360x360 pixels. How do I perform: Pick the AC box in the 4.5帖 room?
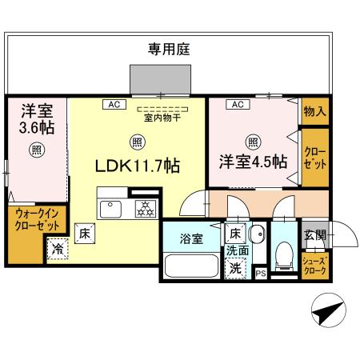click(x=237, y=104)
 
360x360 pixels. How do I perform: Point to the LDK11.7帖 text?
click(x=137, y=166)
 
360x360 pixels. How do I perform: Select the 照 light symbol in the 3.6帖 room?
click(x=36, y=150)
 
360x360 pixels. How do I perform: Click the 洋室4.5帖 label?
click(x=253, y=162)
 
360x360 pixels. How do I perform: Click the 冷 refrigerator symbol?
click(x=58, y=250)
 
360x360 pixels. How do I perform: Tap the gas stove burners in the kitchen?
click(x=146, y=209)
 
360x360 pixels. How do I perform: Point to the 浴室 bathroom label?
click(x=190, y=238)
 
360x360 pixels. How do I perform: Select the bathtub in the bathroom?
click(x=190, y=265)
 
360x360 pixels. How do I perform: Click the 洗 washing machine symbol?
click(x=235, y=269)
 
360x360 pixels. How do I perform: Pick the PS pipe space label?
click(x=261, y=273)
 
